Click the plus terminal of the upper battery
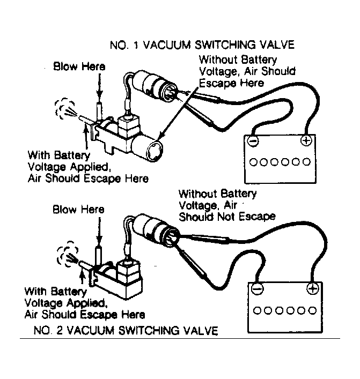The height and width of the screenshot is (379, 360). click(x=306, y=140)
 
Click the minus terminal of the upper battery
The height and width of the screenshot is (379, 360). click(x=253, y=141)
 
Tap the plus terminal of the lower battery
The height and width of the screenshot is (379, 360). click(x=313, y=288)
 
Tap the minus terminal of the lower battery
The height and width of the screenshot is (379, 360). click(x=257, y=288)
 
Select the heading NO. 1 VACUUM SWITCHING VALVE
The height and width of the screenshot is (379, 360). click(x=202, y=45)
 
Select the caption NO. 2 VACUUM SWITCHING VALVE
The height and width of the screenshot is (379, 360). click(x=126, y=330)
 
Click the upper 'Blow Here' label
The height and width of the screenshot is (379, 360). click(x=79, y=66)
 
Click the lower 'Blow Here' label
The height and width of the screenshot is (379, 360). click(x=78, y=209)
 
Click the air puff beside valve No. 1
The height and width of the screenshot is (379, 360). click(x=65, y=109)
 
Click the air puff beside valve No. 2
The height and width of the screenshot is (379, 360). click(x=67, y=253)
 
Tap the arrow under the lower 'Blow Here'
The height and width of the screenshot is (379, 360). click(x=99, y=231)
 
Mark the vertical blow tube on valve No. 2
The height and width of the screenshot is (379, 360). click(x=99, y=257)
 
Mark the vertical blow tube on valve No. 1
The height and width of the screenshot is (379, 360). click(x=100, y=112)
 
